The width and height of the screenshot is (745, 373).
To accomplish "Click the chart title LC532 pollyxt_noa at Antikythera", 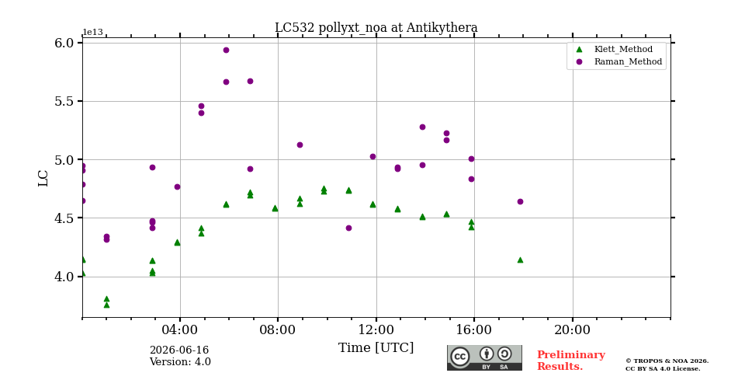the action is tap(376, 28).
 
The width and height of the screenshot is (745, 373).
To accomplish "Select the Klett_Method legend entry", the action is tap(615, 49).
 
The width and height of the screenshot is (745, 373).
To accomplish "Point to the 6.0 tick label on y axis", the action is tap(65, 43).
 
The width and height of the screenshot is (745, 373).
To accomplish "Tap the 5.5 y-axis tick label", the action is tap(65, 101).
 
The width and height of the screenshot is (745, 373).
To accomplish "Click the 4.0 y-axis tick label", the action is tap(65, 277).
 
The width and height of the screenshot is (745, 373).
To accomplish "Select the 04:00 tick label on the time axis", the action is tap(180, 329).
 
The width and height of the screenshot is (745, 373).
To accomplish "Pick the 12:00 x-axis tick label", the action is tap(376, 329).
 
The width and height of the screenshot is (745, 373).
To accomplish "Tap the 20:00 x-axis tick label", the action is tap(573, 329).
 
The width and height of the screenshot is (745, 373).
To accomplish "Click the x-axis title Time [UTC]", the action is tap(376, 348).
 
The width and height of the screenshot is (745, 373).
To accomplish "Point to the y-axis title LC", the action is tap(43, 178).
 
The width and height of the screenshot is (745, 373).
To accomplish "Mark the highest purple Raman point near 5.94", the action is tap(226, 50).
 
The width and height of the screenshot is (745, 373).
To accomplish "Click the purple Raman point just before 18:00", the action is tap(520, 202).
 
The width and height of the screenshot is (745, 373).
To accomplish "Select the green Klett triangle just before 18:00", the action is tap(520, 260).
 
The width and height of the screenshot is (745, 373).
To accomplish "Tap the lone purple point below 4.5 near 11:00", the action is tap(348, 228).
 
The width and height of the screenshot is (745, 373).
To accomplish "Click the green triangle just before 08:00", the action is tap(275, 208).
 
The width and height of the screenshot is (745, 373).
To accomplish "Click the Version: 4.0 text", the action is tap(180, 362).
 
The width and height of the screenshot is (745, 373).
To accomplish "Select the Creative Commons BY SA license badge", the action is tap(484, 357).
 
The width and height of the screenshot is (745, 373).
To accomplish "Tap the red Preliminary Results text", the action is tap(571, 361).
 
